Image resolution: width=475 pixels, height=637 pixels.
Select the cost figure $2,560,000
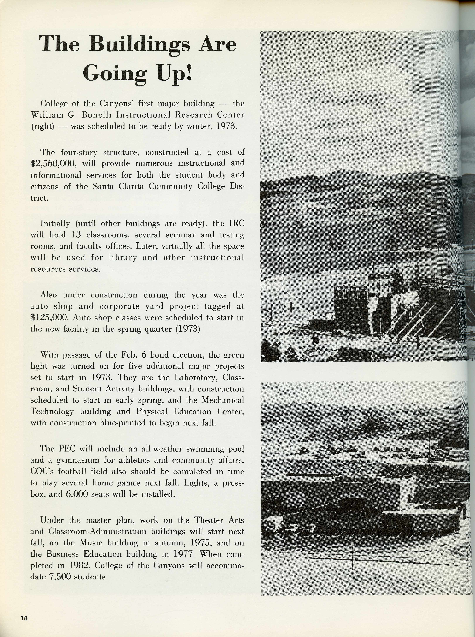[53, 164]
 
